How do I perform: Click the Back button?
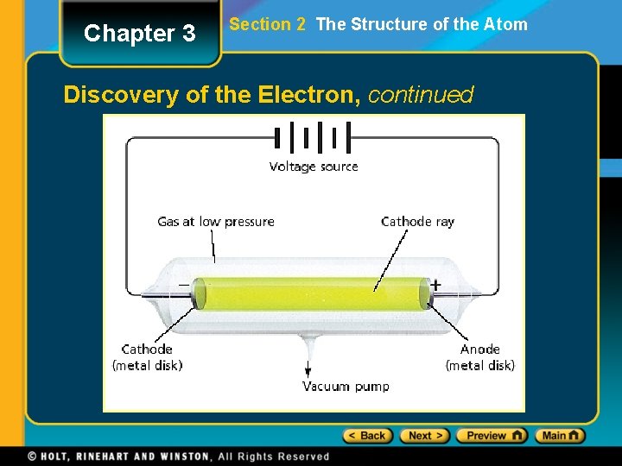368,436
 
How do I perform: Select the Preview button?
492,436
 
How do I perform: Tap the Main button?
560,436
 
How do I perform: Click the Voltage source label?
314,167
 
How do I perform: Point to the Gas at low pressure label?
216,222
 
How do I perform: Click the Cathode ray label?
417,222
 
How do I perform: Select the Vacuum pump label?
346,387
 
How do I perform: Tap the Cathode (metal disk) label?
148,357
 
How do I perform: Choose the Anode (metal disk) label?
480,357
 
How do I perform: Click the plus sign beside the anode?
436,285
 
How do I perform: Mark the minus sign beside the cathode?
183,284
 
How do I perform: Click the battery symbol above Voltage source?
312,137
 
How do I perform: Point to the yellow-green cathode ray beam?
311,293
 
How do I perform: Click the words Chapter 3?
139,34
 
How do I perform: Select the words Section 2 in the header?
267,24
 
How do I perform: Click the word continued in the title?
421,94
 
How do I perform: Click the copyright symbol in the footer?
32,457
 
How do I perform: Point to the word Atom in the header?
507,24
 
